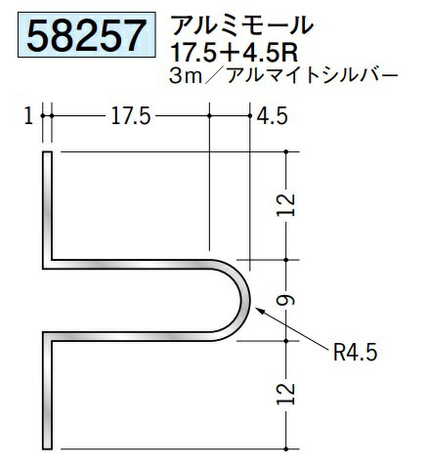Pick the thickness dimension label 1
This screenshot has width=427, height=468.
(30, 117)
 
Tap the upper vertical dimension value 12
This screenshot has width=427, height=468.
(286, 203)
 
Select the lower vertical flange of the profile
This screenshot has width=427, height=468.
(47, 391)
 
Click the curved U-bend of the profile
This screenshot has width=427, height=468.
(240, 298)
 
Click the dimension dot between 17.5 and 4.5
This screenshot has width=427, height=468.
(209, 117)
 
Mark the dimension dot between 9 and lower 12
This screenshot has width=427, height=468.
(286, 340)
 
